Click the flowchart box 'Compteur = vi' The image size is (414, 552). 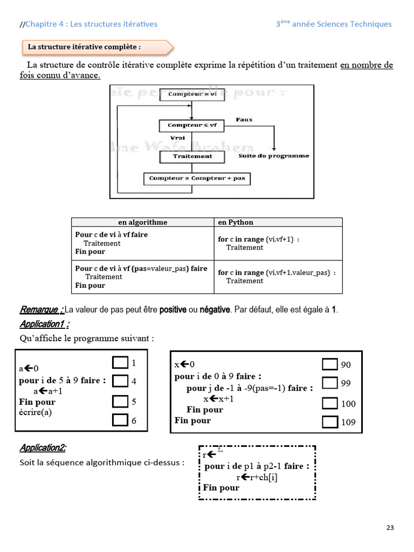[x=192, y=94]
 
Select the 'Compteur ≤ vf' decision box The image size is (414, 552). [x=192, y=125]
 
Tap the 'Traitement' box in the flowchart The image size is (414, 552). [x=192, y=156]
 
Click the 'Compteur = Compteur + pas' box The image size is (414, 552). [x=197, y=178]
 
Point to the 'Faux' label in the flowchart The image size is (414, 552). [x=244, y=120]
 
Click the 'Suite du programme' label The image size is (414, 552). [x=274, y=156]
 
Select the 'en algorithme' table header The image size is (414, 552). [x=142, y=222]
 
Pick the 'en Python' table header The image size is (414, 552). [x=236, y=222]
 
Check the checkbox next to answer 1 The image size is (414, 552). [x=120, y=362]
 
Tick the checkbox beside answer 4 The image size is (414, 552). [x=120, y=381]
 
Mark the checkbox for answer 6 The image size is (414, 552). [x=120, y=420]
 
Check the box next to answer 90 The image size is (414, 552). [x=329, y=364]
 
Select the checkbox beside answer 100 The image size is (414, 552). [x=329, y=403]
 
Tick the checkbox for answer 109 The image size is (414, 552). [x=329, y=422]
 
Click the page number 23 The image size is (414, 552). [x=390, y=527]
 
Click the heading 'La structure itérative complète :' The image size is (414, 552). [x=84, y=47]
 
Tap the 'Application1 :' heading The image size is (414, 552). [x=44, y=324]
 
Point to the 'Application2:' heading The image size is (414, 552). [x=43, y=448]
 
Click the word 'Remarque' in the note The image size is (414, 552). [x=39, y=310]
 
